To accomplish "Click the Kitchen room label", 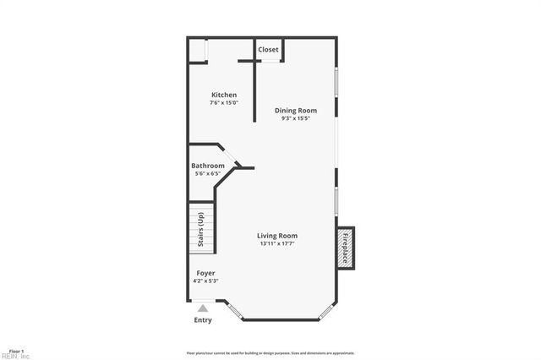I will [x=224, y=95].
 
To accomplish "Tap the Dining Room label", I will [x=296, y=111].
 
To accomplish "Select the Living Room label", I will [x=278, y=236].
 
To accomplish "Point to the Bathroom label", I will [x=208, y=166].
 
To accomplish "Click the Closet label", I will [x=269, y=50].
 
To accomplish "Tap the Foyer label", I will [x=205, y=273].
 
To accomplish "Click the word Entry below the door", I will [x=203, y=320].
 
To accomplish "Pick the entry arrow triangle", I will [x=203, y=308].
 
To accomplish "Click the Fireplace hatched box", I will [x=345, y=248].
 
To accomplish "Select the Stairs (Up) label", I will [x=200, y=230].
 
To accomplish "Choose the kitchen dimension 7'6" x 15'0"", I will [x=224, y=103].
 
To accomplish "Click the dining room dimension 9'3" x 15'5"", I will [x=296, y=119].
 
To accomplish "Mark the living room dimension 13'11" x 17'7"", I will [x=278, y=244].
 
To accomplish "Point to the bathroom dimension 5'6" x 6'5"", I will [x=208, y=173].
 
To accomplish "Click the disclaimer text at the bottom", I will [x=270, y=353].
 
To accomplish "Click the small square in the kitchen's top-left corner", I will [x=197, y=49].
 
